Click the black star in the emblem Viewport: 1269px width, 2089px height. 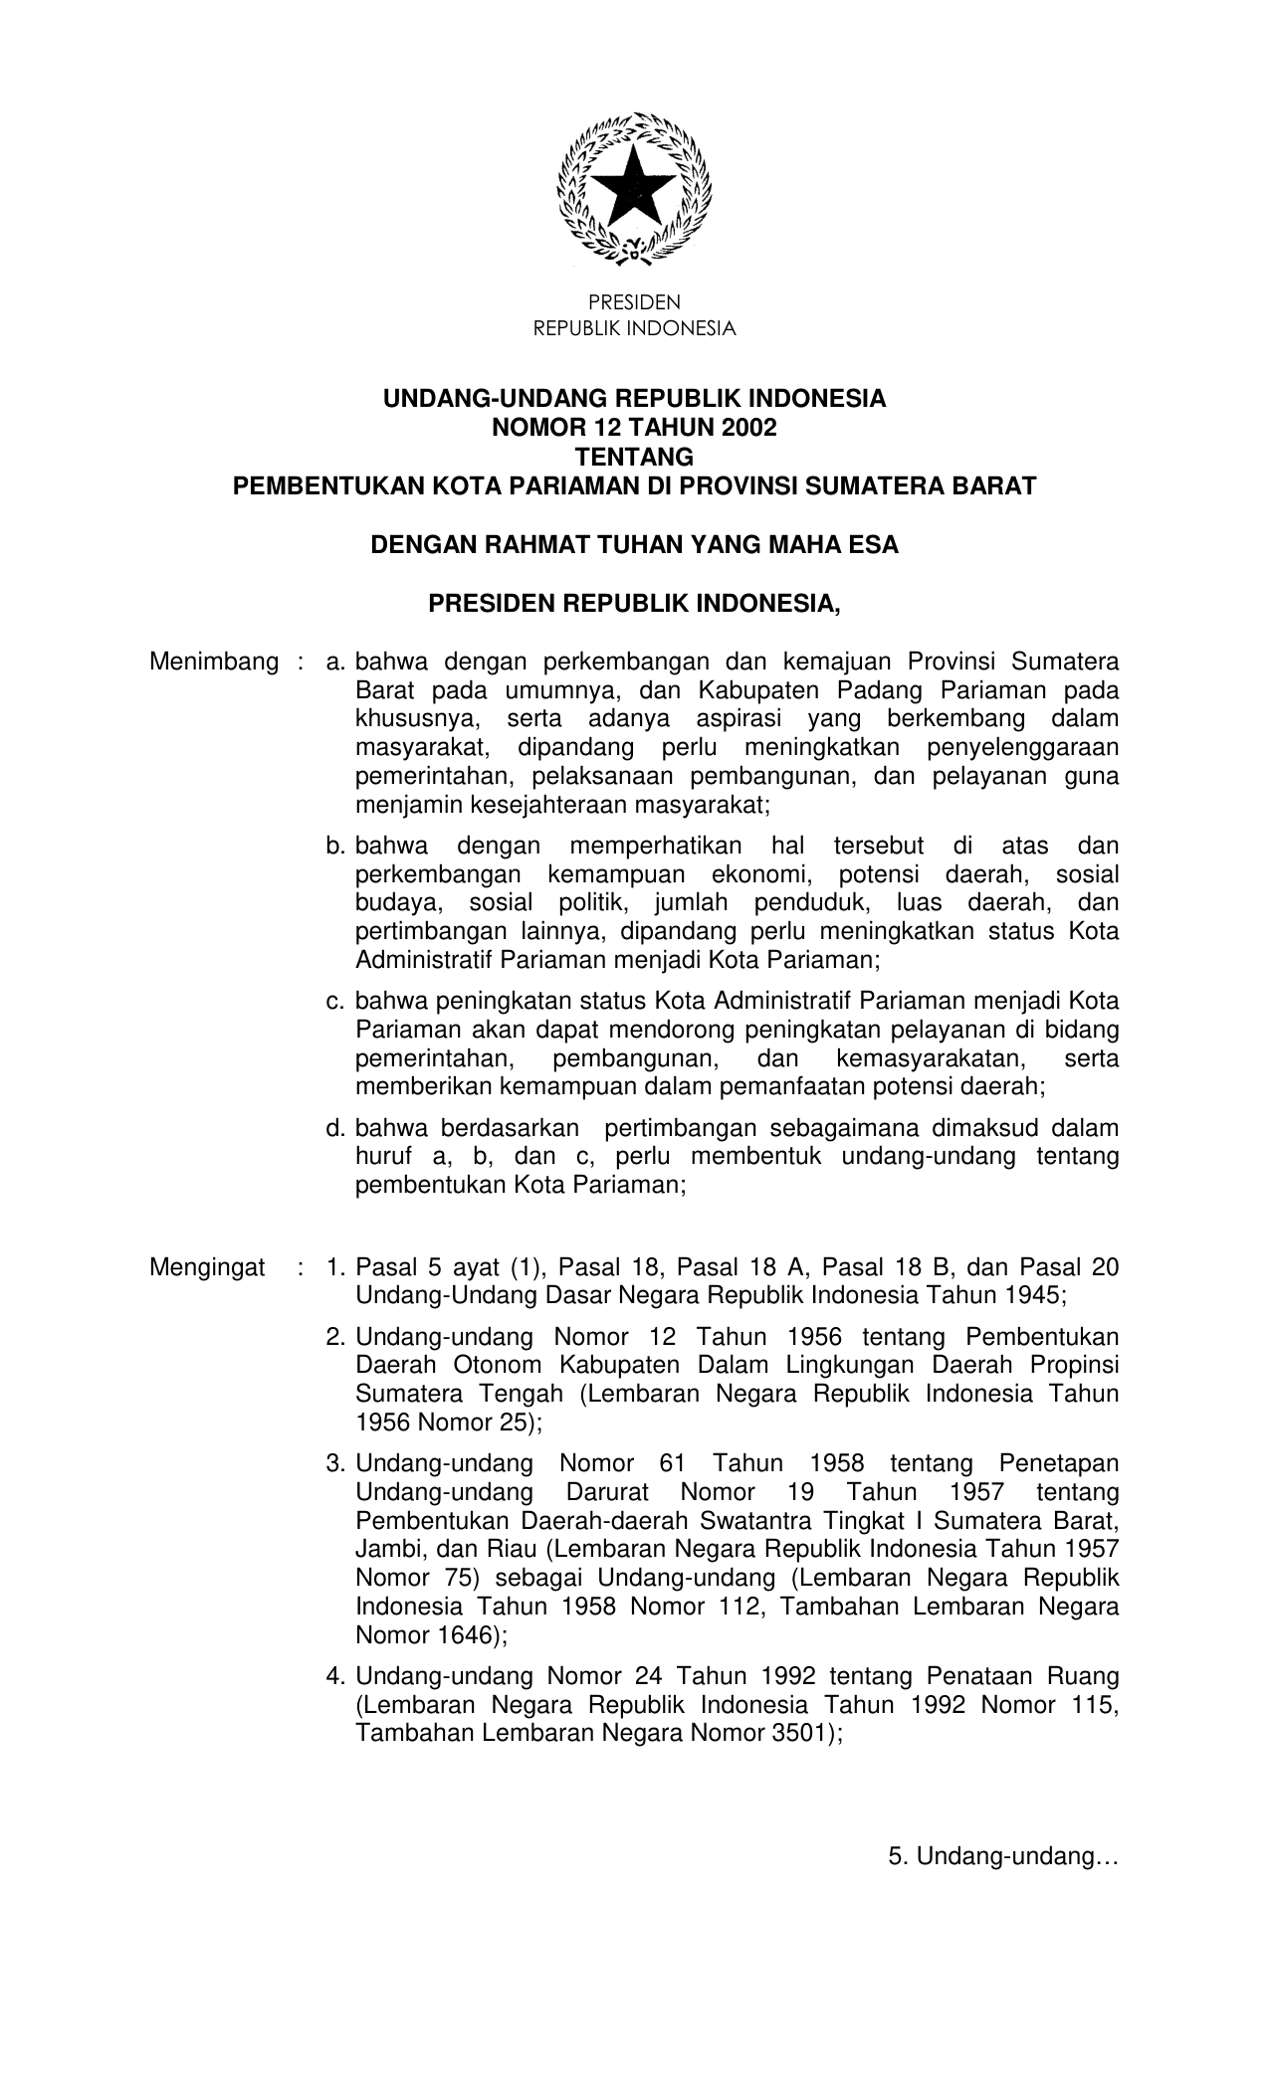click(634, 187)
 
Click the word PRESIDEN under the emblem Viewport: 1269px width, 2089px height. click(634, 302)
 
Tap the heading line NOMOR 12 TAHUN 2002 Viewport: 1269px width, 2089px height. click(634, 429)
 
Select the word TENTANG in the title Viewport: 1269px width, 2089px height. click(634, 458)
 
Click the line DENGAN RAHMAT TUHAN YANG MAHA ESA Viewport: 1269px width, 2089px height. click(634, 545)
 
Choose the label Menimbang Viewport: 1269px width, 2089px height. click(213, 662)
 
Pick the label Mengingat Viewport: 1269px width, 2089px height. click(207, 1267)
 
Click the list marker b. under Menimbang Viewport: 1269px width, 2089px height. click(335, 847)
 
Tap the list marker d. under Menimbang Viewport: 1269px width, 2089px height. click(335, 1129)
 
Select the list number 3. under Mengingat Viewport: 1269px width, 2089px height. click(335, 1464)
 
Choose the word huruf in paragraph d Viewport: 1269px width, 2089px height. click(383, 1157)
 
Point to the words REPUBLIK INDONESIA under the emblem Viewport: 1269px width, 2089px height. click(634, 329)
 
